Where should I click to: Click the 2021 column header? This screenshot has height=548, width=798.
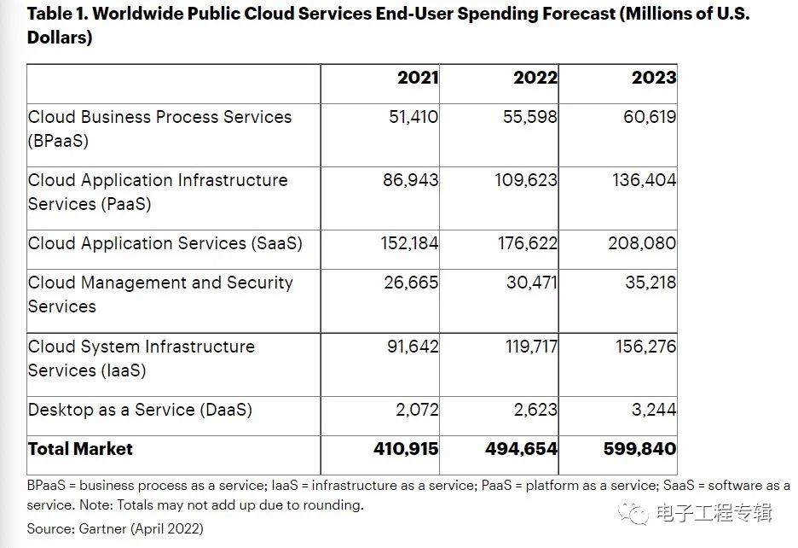(x=417, y=78)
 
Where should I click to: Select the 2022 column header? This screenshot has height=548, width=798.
(x=535, y=78)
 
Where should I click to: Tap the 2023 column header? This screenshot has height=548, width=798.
(x=654, y=78)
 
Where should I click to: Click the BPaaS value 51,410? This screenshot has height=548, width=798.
(x=413, y=117)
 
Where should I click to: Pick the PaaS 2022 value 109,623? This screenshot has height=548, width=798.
(x=526, y=180)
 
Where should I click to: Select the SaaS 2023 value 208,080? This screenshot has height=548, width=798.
(x=642, y=243)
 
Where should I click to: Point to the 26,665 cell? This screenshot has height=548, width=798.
(x=411, y=283)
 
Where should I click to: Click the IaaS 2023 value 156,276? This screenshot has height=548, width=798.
(x=646, y=347)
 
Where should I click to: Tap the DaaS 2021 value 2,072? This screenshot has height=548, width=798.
(x=417, y=410)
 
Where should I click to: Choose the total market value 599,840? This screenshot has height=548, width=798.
(x=639, y=449)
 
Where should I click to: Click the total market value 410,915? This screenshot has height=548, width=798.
(x=406, y=449)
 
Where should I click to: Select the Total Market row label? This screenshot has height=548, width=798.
(x=80, y=449)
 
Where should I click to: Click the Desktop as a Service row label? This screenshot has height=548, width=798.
(x=140, y=410)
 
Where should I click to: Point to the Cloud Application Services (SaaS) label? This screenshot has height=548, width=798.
(x=165, y=243)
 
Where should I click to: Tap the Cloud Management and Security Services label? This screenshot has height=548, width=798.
(x=160, y=294)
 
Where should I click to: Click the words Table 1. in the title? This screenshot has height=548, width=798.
(x=57, y=14)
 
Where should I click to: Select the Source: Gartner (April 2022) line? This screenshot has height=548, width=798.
(x=115, y=528)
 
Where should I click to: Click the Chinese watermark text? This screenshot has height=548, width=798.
(x=714, y=513)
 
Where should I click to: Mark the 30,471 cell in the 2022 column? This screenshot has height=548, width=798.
(x=531, y=283)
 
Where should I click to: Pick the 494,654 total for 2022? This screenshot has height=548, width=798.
(x=521, y=449)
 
